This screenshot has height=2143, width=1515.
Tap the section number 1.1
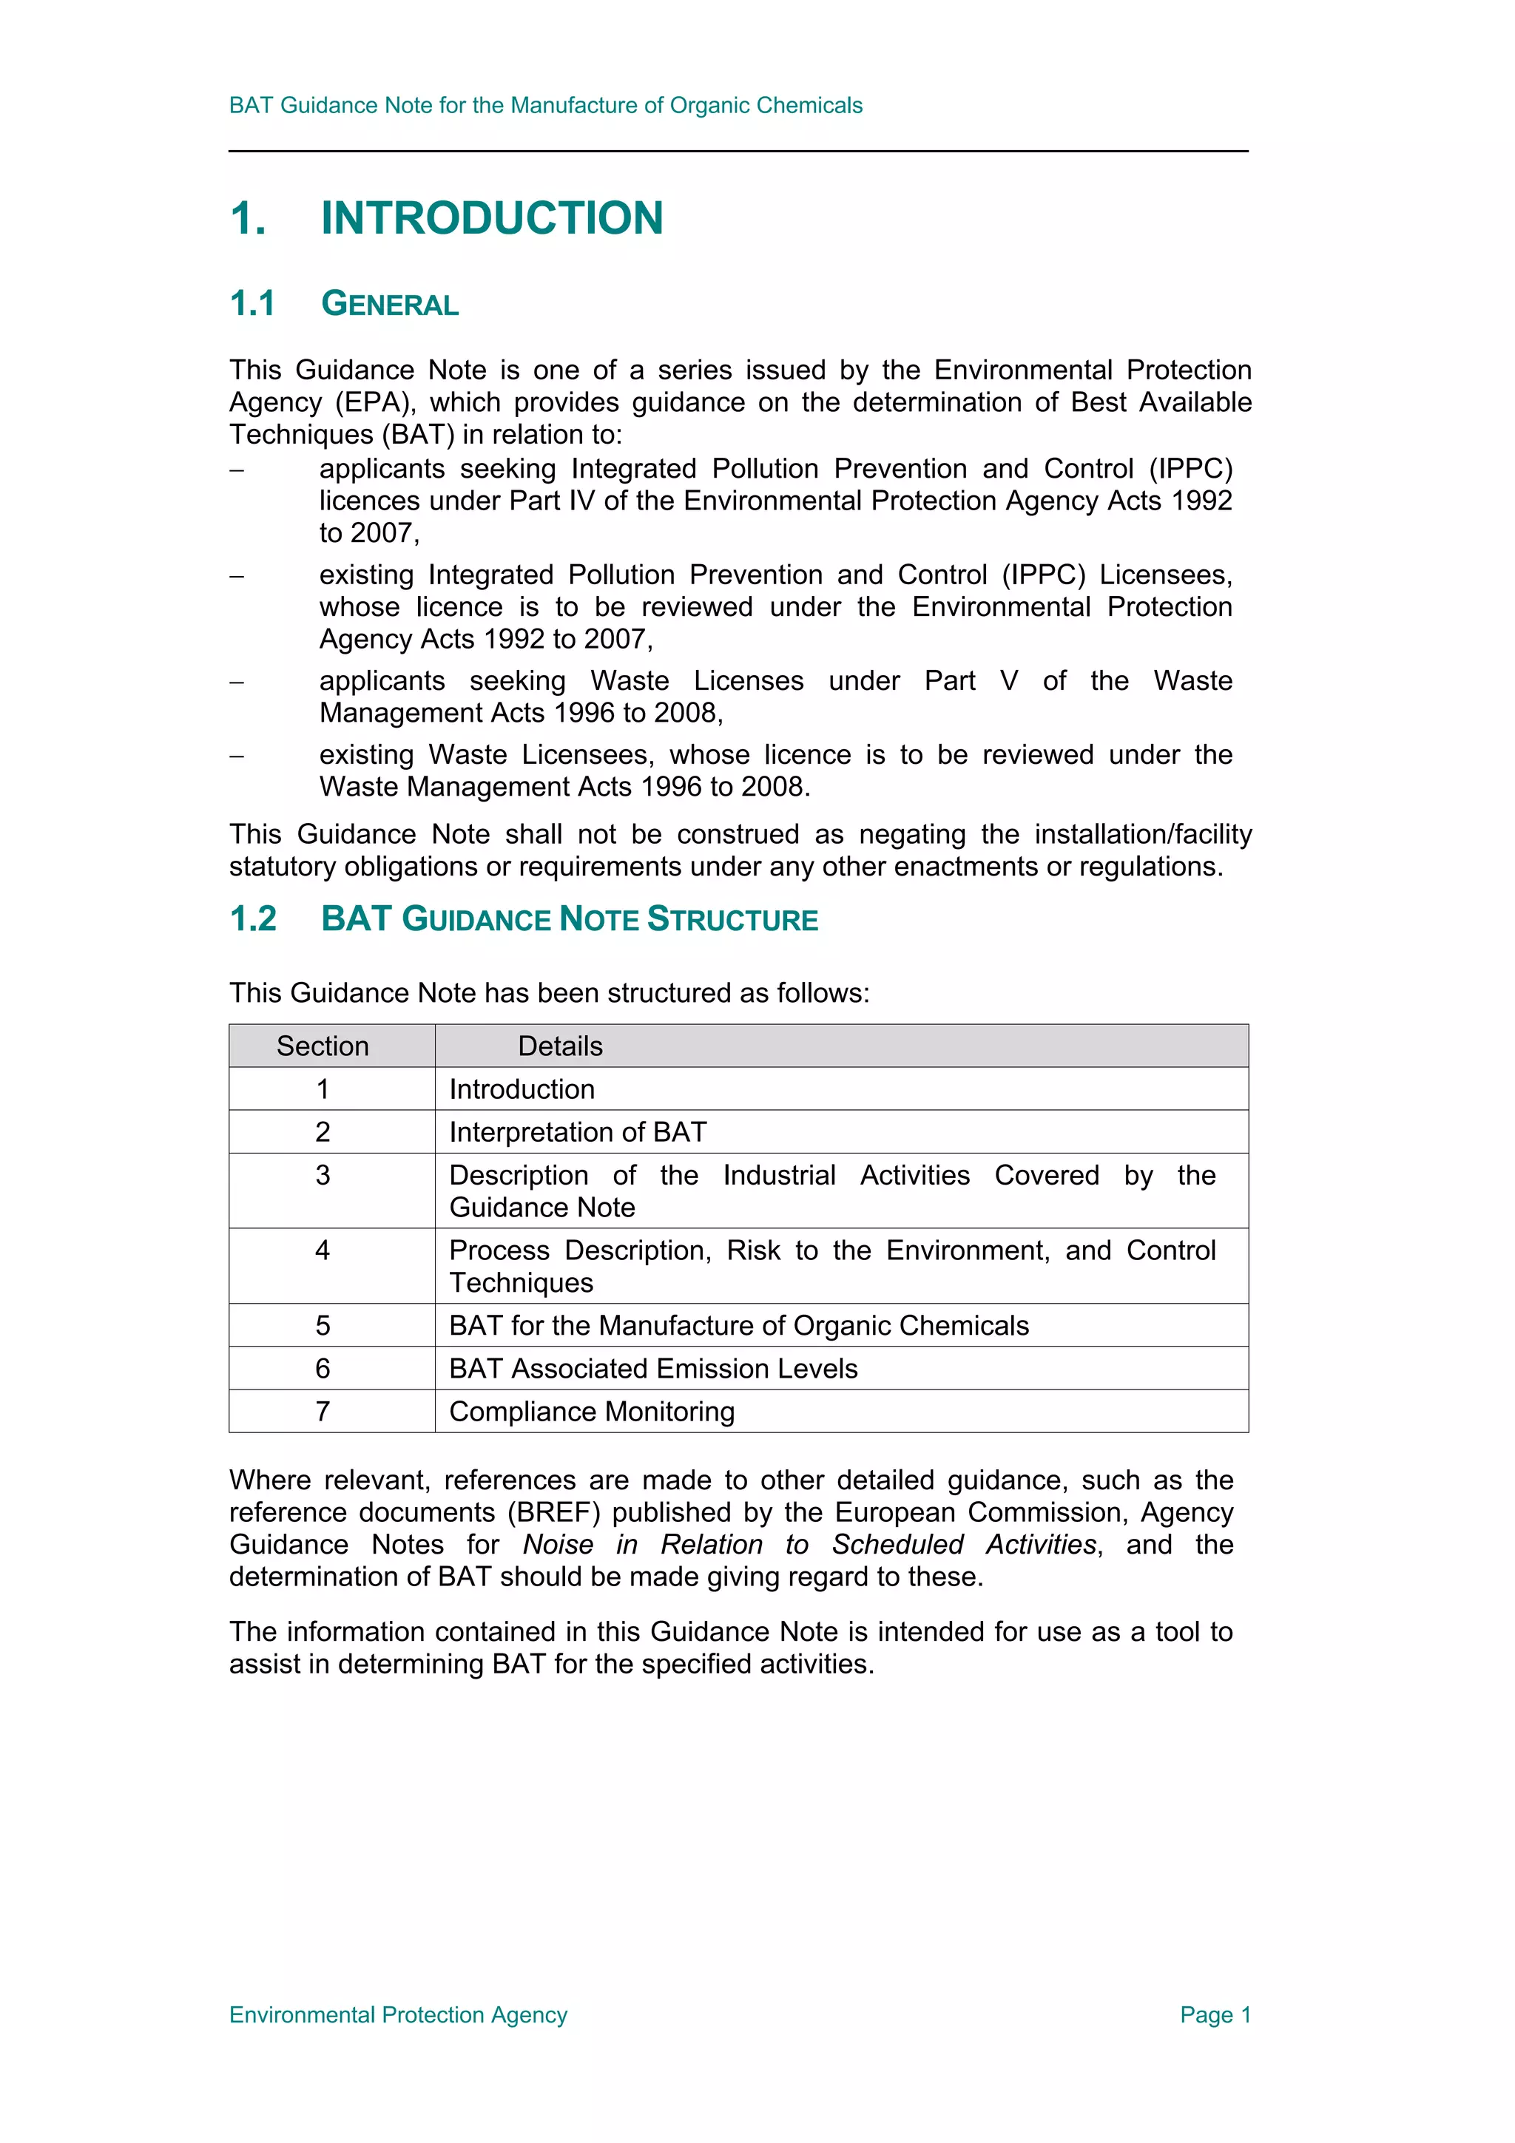252,303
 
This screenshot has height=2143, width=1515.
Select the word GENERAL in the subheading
389,304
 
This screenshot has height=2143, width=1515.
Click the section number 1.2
253,918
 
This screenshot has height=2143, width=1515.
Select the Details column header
560,1046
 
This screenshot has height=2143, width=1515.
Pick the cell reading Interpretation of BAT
578,1131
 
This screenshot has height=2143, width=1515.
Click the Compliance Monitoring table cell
592,1410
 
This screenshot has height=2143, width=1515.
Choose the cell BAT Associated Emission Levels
652,1367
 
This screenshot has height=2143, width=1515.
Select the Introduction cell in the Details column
522,1089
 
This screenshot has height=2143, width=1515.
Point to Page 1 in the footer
1215,2014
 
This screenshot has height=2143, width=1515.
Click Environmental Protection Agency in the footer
398,2014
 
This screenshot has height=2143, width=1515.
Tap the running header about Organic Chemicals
545,106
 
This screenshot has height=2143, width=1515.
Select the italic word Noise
557,1544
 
